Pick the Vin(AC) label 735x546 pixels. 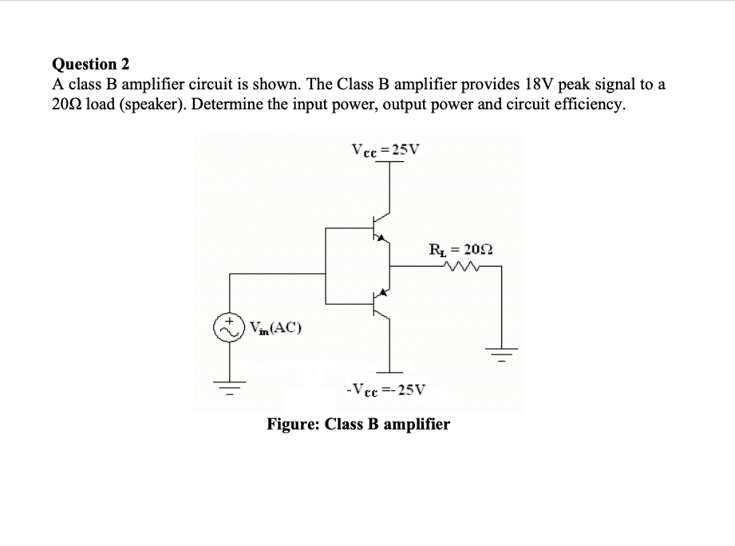[x=275, y=327]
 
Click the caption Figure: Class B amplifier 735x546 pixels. [x=358, y=424]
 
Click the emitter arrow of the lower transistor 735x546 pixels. [x=383, y=295]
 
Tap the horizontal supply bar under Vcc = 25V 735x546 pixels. [x=389, y=164]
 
